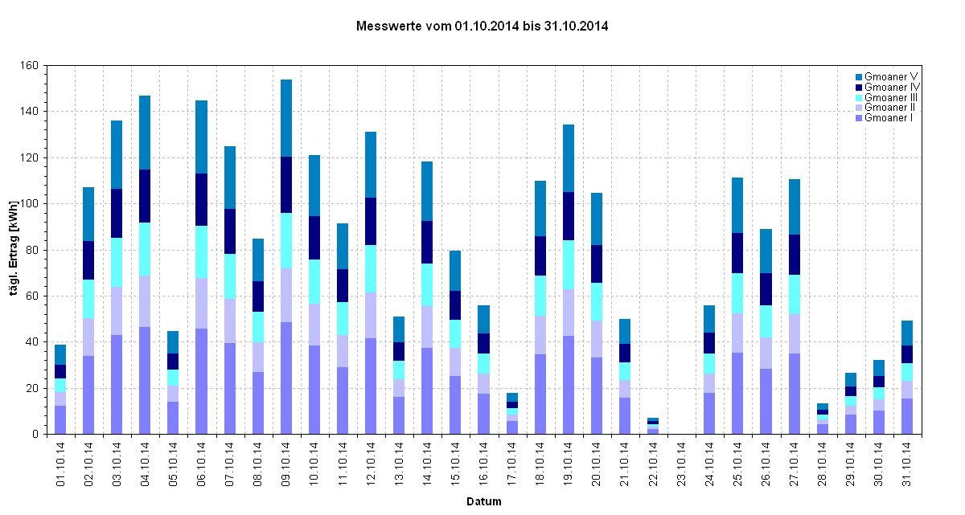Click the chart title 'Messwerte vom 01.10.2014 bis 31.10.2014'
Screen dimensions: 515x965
pos(482,27)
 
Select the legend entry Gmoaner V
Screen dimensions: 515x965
pos(891,76)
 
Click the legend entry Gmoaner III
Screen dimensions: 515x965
pos(892,97)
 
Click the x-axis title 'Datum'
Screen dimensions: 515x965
pos(484,502)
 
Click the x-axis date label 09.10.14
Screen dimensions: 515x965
pos(286,467)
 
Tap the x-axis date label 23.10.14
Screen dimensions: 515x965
pos(681,467)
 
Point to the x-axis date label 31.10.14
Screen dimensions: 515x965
pos(907,467)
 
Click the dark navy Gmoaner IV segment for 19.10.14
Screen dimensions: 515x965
pos(569,216)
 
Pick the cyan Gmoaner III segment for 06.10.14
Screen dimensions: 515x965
pos(201,251)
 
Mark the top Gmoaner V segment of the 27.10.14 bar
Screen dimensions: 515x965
pos(794,206)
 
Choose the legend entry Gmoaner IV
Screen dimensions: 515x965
pos(892,87)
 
